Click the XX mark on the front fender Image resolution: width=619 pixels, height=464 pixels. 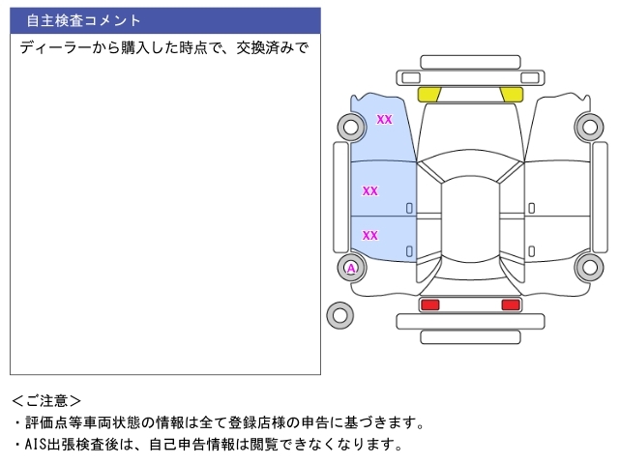tap(384, 119)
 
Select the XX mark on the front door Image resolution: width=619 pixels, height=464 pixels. tap(369, 191)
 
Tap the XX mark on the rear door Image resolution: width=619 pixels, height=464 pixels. tap(369, 236)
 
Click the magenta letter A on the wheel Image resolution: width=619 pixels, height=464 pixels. tap(351, 269)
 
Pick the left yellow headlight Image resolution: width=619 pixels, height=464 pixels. tap(429, 95)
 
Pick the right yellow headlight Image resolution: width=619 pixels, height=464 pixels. tap(512, 95)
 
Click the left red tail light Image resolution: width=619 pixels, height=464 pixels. tap(429, 304)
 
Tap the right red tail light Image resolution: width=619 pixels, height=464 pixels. tap(511, 304)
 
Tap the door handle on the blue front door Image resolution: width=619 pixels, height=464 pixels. tap(409, 209)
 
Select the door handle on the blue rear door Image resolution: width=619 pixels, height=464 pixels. tap(409, 251)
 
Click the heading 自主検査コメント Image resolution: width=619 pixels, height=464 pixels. tap(83, 20)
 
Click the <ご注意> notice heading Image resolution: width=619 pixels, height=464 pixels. tap(46, 401)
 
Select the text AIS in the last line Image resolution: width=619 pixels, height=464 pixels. tap(35, 445)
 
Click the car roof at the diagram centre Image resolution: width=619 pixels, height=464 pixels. tap(470, 219)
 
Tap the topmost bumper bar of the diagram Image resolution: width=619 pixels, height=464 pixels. tap(470, 62)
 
